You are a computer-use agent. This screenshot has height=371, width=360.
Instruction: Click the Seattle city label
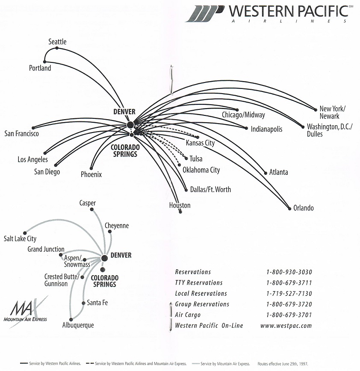pos(57,41)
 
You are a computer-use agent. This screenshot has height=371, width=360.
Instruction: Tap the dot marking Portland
pos(44,62)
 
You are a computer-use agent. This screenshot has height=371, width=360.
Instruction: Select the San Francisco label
pos(21,134)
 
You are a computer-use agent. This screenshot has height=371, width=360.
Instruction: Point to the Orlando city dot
pos(289,208)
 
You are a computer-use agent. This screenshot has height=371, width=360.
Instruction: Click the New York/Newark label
pos(332,112)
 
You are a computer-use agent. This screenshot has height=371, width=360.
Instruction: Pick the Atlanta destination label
pos(278,172)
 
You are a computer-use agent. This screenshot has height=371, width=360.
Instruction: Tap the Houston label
pos(180,205)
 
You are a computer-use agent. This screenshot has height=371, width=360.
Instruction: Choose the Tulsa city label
pos(196,159)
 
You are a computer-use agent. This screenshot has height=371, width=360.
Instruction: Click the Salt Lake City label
pos(20,238)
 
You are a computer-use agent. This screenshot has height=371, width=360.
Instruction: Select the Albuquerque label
pos(77,325)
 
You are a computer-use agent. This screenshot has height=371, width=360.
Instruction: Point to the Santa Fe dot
pos(83,303)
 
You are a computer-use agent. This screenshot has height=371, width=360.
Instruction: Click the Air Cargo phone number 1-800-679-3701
pos(289,315)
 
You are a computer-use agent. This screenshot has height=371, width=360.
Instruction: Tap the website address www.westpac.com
pos(286,326)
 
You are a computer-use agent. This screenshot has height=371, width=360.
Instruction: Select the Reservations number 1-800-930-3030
pos(289,272)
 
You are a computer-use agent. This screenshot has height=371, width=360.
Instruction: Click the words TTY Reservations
pos(199,283)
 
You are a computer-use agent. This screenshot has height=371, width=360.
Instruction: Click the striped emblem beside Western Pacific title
pos(205,13)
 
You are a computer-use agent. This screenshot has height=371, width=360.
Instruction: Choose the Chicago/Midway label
pos(243,115)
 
